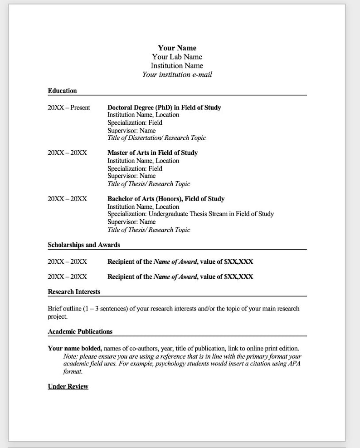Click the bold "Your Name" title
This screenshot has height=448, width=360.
click(177, 48)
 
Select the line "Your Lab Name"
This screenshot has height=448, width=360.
click(177, 57)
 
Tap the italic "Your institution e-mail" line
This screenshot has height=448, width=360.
click(177, 74)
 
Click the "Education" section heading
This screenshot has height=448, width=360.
click(62, 91)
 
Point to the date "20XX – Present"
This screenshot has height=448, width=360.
click(69, 108)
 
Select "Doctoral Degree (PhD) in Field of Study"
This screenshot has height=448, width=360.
click(164, 108)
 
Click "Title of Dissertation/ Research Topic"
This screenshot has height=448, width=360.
click(156, 138)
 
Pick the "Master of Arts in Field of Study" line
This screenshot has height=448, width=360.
click(152, 153)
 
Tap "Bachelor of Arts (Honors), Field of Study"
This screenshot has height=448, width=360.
click(165, 199)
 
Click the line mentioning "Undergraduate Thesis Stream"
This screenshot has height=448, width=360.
click(190, 214)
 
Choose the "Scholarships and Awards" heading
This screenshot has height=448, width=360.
click(84, 245)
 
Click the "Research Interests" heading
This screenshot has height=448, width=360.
click(74, 292)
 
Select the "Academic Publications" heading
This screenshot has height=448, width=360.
click(80, 332)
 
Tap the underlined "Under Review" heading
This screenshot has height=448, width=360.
click(68, 387)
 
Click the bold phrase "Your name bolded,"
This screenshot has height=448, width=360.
click(75, 349)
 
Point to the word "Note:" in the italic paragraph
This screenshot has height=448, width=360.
click(70, 357)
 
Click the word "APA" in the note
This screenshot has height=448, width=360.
click(294, 364)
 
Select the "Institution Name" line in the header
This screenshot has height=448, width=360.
click(177, 66)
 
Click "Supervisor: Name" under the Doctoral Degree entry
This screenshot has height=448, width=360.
click(131, 130)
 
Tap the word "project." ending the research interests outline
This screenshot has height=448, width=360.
click(58, 316)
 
